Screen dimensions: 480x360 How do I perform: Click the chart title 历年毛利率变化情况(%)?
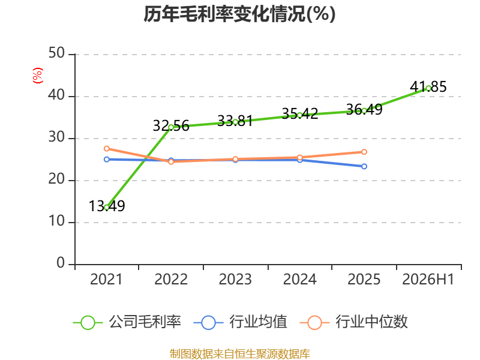pos(239,14)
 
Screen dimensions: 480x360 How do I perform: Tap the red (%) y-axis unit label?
pos(38,76)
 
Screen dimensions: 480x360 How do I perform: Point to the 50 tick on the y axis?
pos(56,53)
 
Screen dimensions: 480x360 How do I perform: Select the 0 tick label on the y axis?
pos(61,263)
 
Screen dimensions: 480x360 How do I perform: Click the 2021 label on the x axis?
pos(106,279)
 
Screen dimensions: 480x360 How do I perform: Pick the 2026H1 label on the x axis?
pos(428,279)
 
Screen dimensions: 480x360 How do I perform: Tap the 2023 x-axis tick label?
pos(235,279)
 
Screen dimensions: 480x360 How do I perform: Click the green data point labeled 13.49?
pos(107,207)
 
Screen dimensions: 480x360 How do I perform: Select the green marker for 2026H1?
pos(428,88)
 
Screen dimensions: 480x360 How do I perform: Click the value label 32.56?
pos(171,126)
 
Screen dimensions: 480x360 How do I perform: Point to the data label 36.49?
pos(364,109)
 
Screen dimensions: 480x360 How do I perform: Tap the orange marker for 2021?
pos(107,148)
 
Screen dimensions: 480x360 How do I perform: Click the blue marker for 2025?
pos(364,166)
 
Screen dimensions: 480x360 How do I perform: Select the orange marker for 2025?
pos(364,152)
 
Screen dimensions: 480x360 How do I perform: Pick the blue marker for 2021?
pos(107,159)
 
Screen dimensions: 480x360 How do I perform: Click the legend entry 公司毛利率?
pos(127,322)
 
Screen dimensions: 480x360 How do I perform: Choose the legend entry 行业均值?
pos(241,322)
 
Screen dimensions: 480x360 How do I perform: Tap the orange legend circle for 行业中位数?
pos(314,323)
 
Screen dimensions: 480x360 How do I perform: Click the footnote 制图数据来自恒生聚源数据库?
pos(239,354)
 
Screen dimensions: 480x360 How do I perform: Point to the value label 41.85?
pos(428,86)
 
